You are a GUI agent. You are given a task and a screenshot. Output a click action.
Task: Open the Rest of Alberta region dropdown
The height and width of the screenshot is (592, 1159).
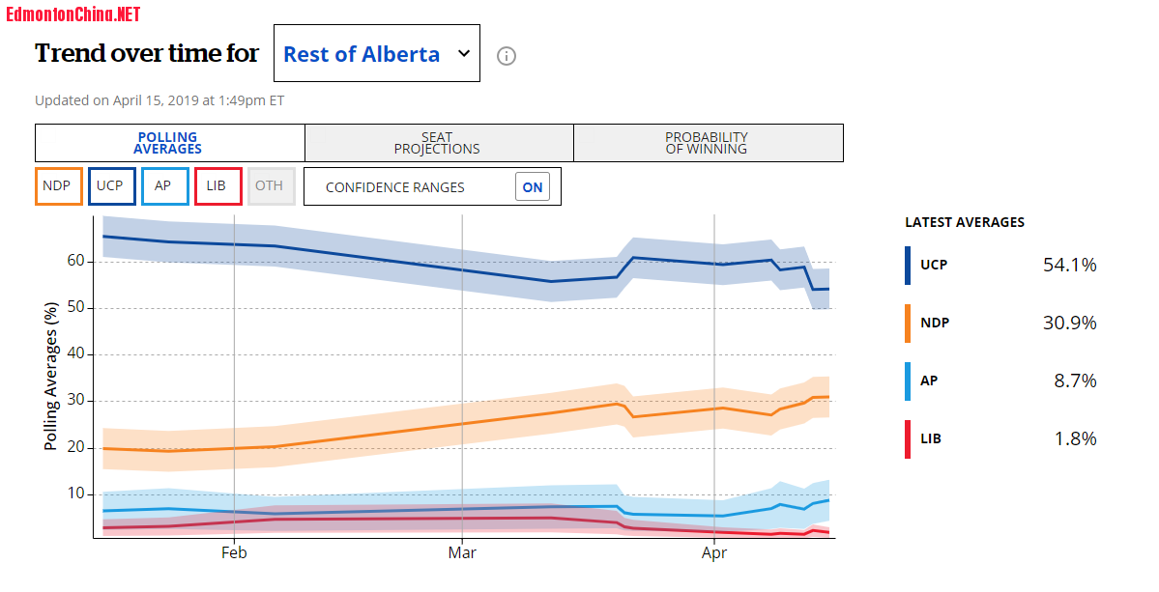click(x=377, y=54)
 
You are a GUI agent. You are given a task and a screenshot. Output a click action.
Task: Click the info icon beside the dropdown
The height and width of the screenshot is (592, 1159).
click(x=507, y=56)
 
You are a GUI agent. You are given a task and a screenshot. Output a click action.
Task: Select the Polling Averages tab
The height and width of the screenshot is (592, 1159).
click(x=169, y=143)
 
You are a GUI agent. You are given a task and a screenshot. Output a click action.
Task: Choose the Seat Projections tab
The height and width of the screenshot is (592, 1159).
click(x=438, y=143)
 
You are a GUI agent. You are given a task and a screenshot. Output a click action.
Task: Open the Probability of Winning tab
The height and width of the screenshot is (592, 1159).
click(x=708, y=143)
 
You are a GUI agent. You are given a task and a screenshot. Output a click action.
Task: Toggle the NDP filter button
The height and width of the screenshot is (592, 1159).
click(x=57, y=185)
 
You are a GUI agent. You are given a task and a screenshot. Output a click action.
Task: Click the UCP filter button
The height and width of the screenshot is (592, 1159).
click(x=110, y=185)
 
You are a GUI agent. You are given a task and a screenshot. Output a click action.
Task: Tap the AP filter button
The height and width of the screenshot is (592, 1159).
click(x=163, y=185)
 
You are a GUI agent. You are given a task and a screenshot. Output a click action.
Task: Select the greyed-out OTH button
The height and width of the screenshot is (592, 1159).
click(x=270, y=185)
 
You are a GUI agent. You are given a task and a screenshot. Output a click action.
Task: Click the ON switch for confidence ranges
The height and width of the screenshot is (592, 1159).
click(x=533, y=187)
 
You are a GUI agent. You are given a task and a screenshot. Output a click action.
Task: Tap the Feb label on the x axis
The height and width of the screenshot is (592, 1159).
click(x=235, y=553)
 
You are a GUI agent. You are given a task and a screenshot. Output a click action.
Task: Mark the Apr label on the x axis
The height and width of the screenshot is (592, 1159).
click(x=714, y=553)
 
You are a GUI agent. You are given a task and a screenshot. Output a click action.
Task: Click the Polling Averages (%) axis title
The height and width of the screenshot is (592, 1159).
click(x=51, y=377)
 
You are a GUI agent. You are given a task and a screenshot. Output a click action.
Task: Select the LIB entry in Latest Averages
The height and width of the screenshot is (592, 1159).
click(x=931, y=438)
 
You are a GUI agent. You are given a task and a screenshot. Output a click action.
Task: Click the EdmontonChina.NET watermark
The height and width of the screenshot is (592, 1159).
click(x=72, y=14)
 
